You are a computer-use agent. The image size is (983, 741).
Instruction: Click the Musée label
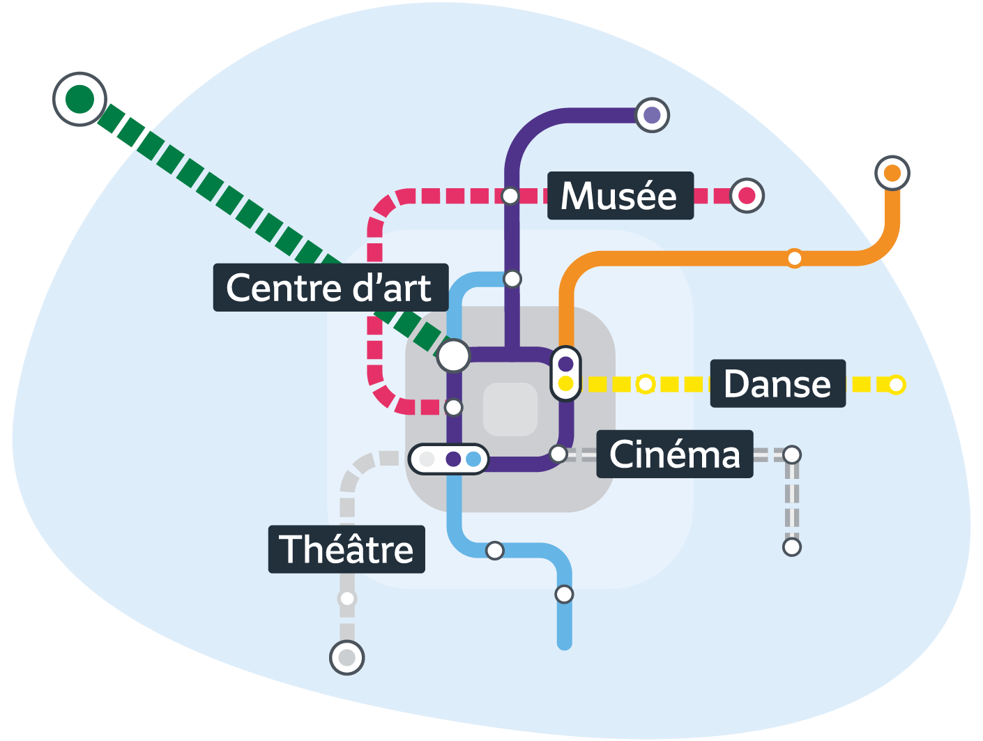pos(620,195)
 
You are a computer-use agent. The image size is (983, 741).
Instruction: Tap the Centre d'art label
pos(330,287)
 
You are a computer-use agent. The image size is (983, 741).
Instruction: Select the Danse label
pos(777,383)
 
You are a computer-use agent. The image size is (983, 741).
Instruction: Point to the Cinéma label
pos(674,454)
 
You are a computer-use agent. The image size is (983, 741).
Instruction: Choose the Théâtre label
pos(346,549)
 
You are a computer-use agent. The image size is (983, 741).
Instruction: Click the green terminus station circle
pos(79,99)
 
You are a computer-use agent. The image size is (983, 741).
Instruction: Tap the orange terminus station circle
pos(892,173)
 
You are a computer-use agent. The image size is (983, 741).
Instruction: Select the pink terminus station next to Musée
pos(747,196)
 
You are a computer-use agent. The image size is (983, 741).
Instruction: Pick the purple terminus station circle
pos(652,115)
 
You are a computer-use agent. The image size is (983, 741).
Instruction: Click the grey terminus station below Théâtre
pos(346,657)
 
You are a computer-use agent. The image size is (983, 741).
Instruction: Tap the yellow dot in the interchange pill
pos(565,384)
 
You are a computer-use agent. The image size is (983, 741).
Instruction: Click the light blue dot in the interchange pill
pos(473,459)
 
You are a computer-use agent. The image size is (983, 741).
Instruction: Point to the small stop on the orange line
pos(794,259)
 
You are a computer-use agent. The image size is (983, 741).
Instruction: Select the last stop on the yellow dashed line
pos(896,384)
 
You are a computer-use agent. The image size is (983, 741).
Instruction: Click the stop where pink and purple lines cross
pos(510,196)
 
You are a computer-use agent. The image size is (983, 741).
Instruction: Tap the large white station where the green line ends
pos(454,356)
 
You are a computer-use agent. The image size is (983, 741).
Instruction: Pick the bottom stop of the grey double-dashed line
pos(791,547)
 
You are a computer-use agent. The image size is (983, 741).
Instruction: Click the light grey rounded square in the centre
pos(510,409)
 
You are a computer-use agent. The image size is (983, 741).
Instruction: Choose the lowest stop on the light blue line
pos(564,594)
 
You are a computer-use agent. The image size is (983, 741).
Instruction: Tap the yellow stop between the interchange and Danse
pos(646,384)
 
